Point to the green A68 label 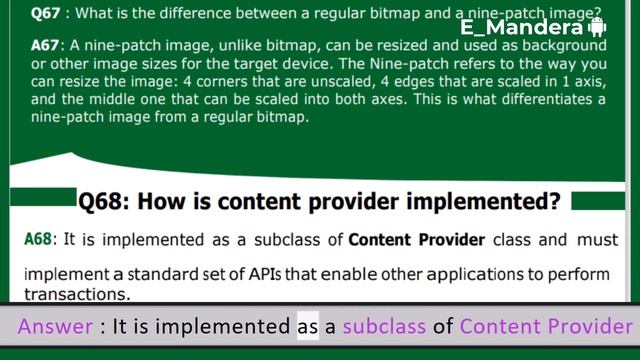[x=39, y=240]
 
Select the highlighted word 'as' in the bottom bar [x=308, y=327]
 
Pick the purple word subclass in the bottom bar [x=384, y=327]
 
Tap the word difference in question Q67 [x=201, y=14]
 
